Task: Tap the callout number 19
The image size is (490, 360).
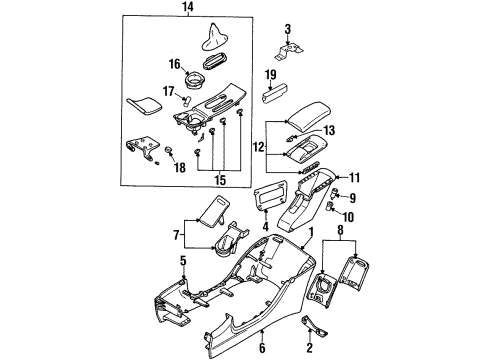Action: (x=270, y=74)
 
